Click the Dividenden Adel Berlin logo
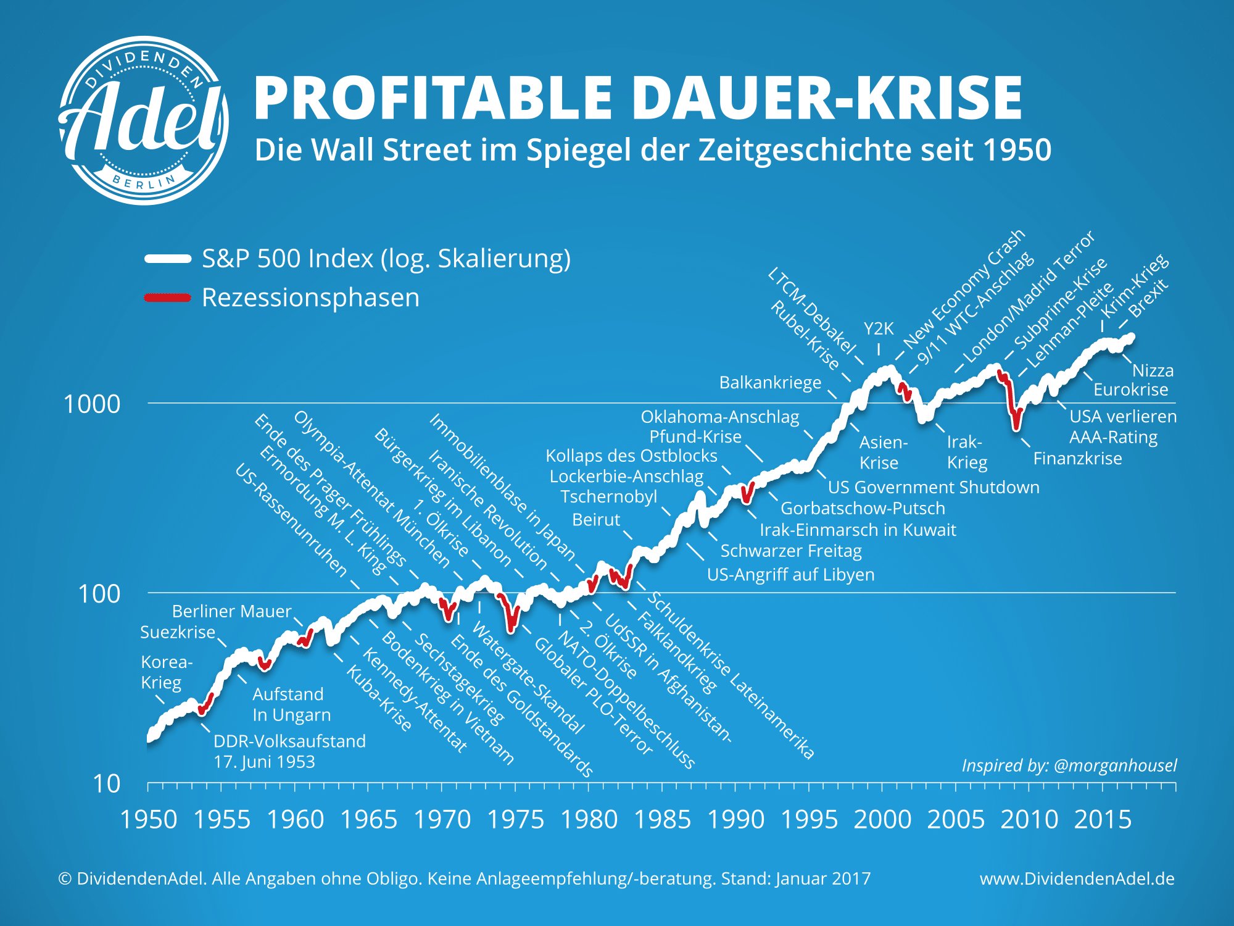pyautogui.click(x=144, y=120)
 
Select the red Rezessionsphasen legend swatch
pyautogui.click(x=167, y=298)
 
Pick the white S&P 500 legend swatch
pyautogui.click(x=167, y=259)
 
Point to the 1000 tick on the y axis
pyautogui.click(x=92, y=404)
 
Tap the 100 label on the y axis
pyautogui.click(x=99, y=594)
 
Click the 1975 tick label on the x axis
pyautogui.click(x=516, y=820)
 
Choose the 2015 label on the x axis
pyautogui.click(x=1103, y=820)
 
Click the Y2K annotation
pyautogui.click(x=879, y=328)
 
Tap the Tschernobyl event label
pyautogui.click(x=608, y=497)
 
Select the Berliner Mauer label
pyautogui.click(x=231, y=611)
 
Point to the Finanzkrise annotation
pyautogui.click(x=1077, y=459)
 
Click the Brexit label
pyautogui.click(x=1149, y=299)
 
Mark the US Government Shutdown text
pyautogui.click(x=933, y=487)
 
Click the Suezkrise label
pyautogui.click(x=178, y=632)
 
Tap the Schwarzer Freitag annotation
pyautogui.click(x=791, y=551)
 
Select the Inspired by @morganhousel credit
pyautogui.click(x=1069, y=765)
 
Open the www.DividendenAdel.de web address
pyautogui.click(x=1077, y=878)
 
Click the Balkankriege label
pyautogui.click(x=770, y=383)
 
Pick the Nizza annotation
pyautogui.click(x=1153, y=370)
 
